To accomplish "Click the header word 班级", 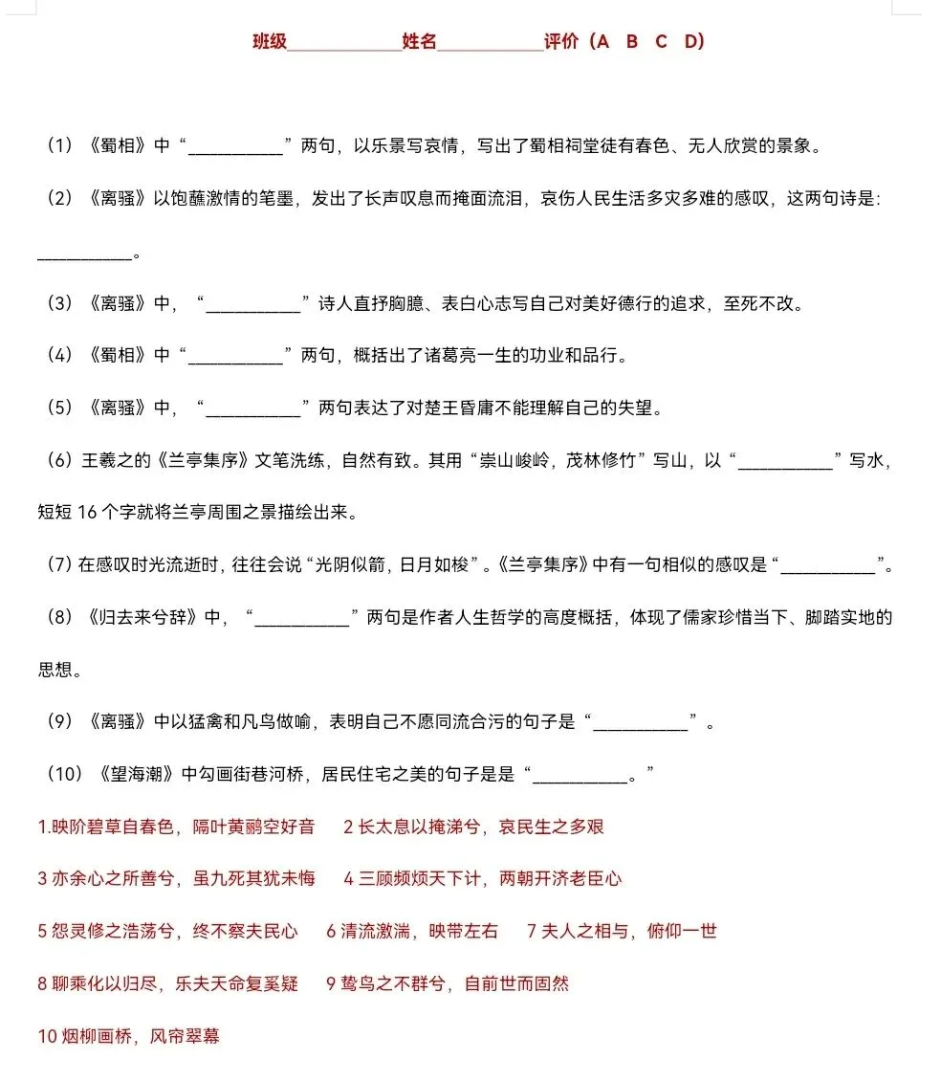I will coord(270,41).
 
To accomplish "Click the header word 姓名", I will coord(419,41).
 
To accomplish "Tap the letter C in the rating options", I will coord(661,41).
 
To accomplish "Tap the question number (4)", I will coord(59,356).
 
